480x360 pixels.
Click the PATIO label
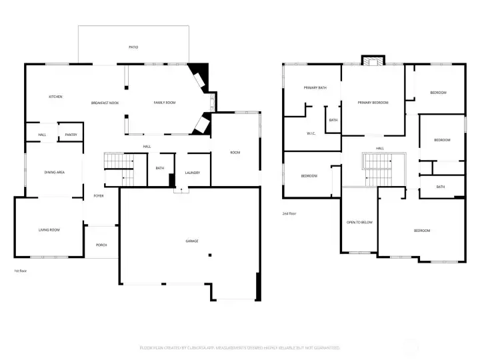pyautogui.click(x=133, y=47)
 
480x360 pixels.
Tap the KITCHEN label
pyautogui.click(x=55, y=97)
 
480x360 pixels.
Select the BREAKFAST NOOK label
pyautogui.click(x=105, y=103)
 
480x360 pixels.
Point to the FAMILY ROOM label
pyautogui.click(x=164, y=103)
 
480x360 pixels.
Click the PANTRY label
pyautogui.click(x=71, y=135)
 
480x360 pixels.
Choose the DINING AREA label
pyautogui.click(x=54, y=173)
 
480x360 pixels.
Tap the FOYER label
pyautogui.click(x=98, y=196)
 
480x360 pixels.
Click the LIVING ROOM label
pyautogui.click(x=49, y=230)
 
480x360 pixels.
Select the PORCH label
pyautogui.click(x=101, y=245)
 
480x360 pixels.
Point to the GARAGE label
pyautogui.click(x=192, y=241)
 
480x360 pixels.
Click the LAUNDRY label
pyautogui.click(x=193, y=173)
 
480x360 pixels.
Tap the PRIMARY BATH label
pyautogui.click(x=315, y=88)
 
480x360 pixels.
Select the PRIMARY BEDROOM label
pyautogui.click(x=373, y=103)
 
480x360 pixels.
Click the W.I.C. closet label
pyautogui.click(x=311, y=133)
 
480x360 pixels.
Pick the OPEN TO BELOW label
pyautogui.click(x=359, y=222)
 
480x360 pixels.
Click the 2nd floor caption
pyautogui.click(x=290, y=214)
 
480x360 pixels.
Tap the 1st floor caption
pyautogui.click(x=21, y=271)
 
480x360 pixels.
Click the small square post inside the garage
pyautogui.click(x=209, y=255)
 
